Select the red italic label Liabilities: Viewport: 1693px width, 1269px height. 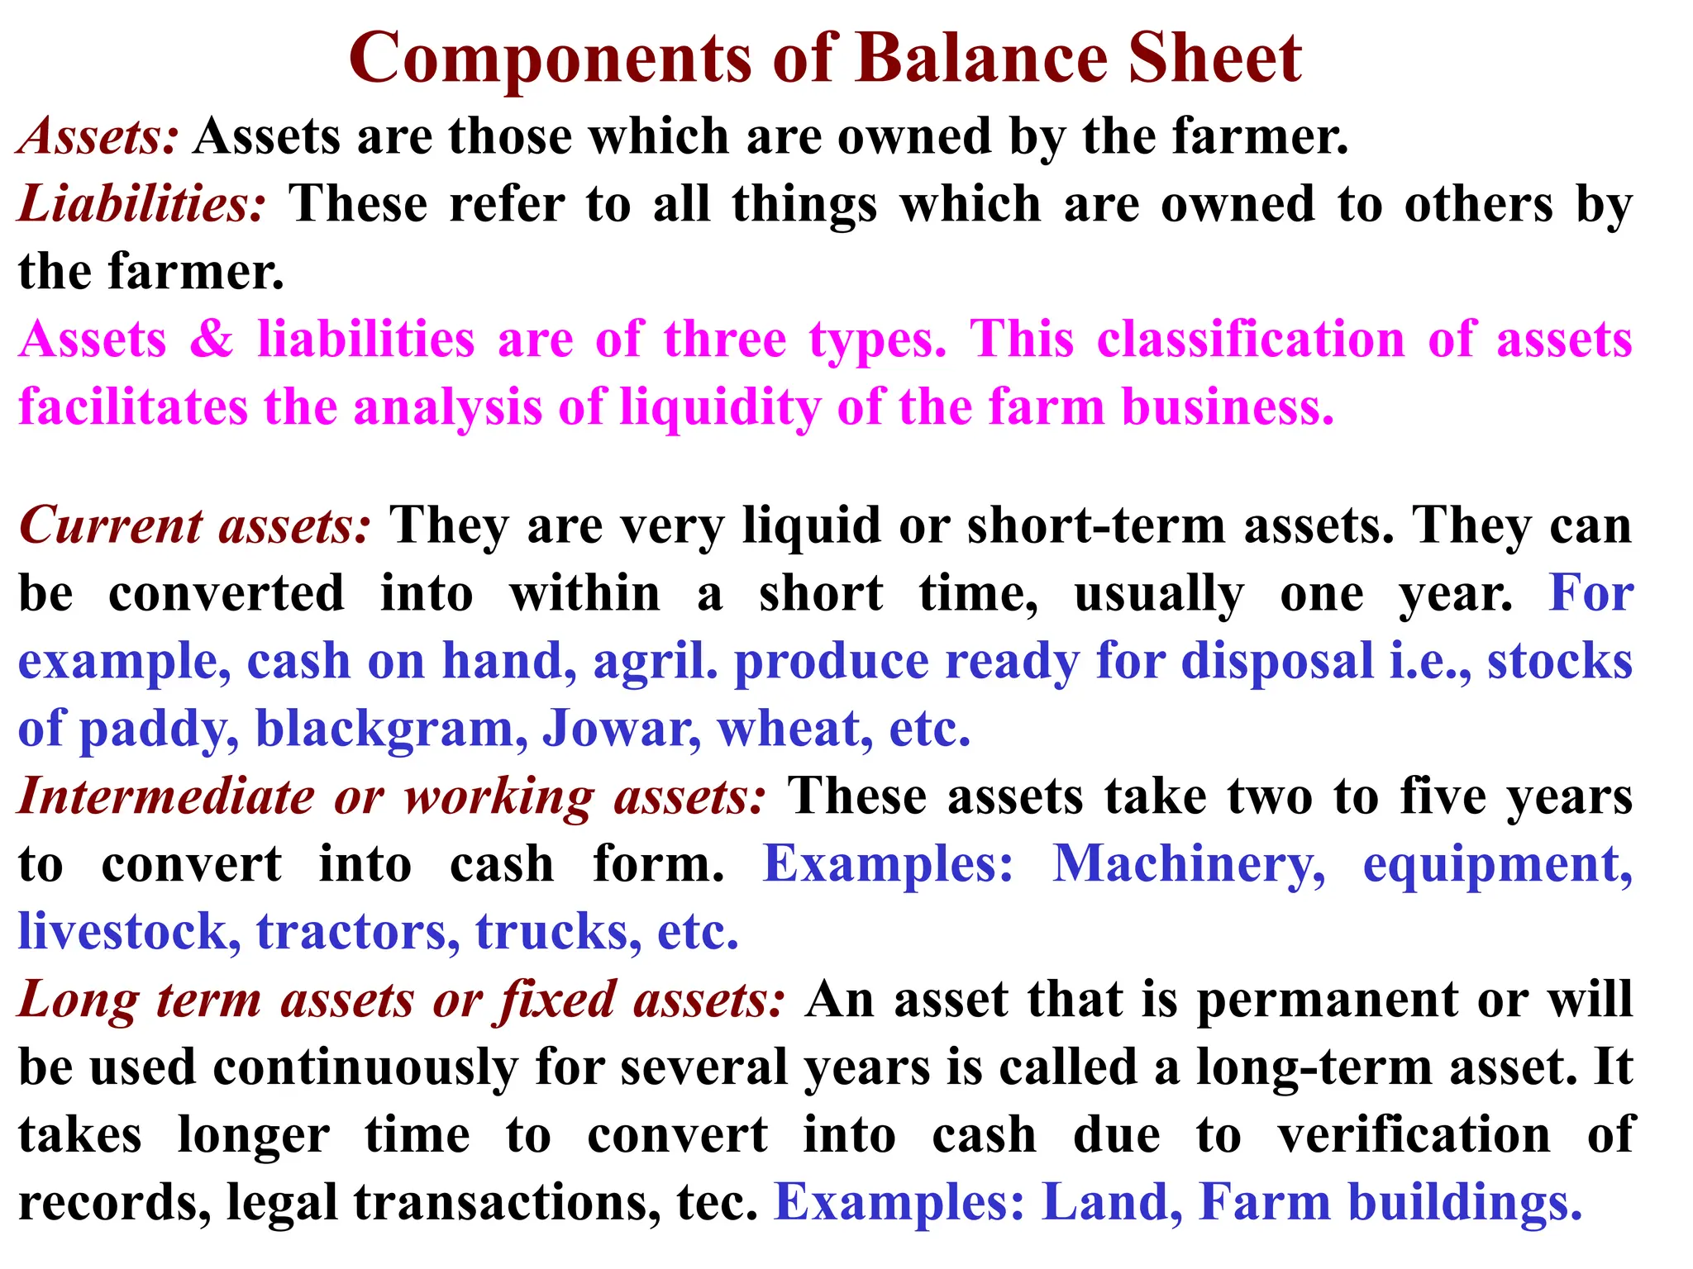[141, 204]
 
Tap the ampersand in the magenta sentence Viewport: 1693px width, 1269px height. [212, 340]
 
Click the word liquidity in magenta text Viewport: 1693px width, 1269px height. [720, 408]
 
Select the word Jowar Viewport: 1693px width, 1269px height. [620, 730]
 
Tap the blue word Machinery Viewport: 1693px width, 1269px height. [1188, 865]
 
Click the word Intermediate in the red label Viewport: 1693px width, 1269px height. [166, 797]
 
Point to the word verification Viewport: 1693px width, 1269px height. [1414, 1135]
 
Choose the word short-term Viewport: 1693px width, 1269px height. [1096, 526]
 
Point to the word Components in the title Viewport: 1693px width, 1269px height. [551, 59]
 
